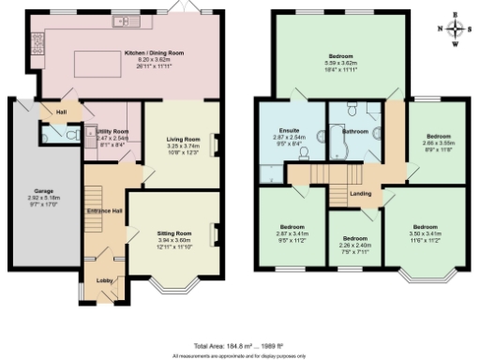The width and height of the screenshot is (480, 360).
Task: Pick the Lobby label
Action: point(101,278)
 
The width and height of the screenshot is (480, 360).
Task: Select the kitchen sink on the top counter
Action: point(121,21)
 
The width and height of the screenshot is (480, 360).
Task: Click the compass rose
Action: point(455,28)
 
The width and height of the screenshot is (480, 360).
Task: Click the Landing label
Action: point(360,195)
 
